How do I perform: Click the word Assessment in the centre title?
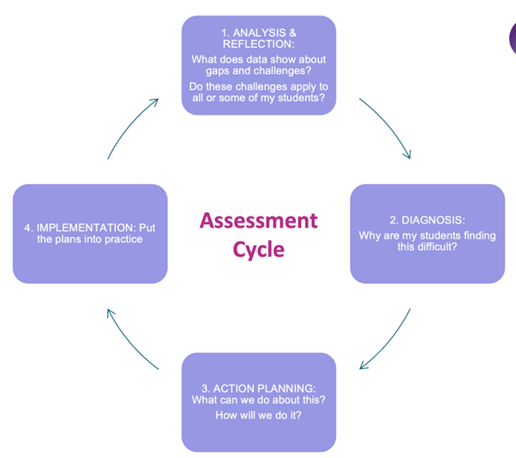coord(258,221)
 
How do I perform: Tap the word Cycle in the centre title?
coord(258,250)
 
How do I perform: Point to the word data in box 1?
coord(263,59)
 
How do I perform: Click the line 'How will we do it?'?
coord(258,415)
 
